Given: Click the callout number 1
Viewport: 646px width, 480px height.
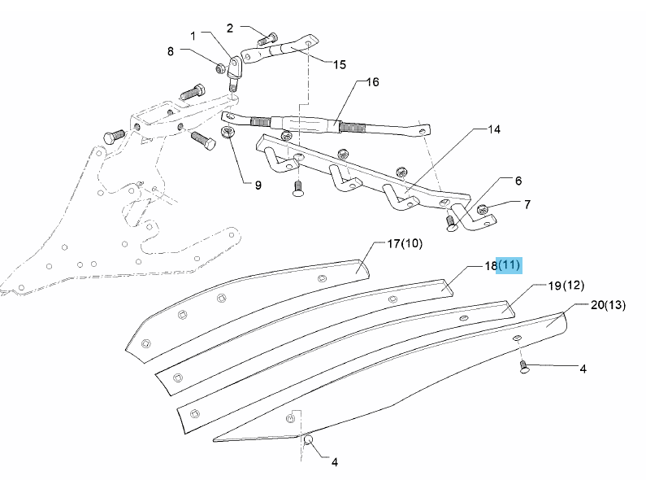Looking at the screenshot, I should [193, 36].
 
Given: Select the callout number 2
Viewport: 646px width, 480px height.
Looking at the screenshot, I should [230, 28].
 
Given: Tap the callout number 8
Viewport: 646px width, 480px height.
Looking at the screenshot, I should [171, 51].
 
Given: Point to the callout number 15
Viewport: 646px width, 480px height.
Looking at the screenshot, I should [340, 63].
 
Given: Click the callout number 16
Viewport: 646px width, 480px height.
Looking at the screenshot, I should [373, 82].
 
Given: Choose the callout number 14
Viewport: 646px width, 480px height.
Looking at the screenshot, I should [494, 129].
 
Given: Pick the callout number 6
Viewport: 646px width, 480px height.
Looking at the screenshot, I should [518, 181].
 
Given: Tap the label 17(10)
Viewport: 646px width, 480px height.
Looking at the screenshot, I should [405, 243].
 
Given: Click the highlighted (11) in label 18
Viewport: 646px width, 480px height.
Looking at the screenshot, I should [509, 265].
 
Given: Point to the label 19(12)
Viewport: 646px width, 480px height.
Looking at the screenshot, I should [566, 286].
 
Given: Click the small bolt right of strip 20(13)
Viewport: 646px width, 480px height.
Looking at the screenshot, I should [524, 369].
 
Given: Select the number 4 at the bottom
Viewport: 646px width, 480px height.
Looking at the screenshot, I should [334, 463].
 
